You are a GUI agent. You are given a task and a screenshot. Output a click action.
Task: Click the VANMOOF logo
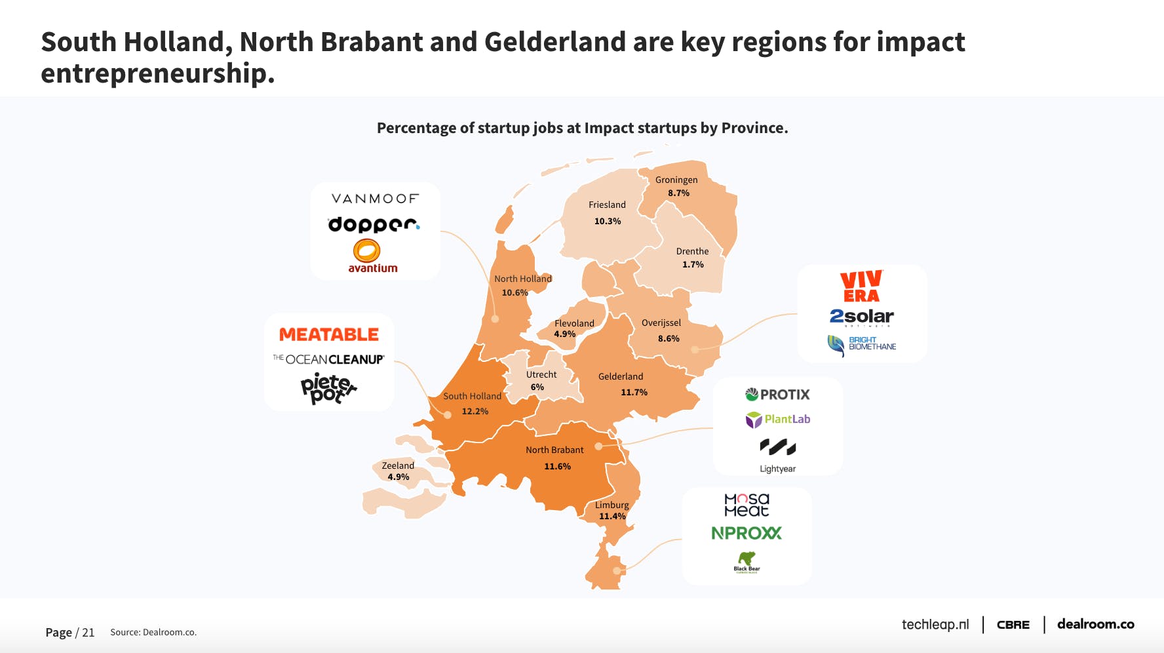[375, 199]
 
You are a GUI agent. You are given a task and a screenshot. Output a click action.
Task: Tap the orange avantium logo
[372, 256]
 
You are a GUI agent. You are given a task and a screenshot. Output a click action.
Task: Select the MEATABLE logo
[329, 334]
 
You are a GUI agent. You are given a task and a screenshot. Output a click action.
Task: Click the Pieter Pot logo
[328, 388]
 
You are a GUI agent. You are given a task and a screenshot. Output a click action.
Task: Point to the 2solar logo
[861, 317]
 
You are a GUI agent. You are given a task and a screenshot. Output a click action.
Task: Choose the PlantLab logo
[778, 420]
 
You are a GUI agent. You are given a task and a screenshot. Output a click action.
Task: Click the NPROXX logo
[747, 533]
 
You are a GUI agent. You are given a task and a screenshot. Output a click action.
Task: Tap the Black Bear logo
[747, 562]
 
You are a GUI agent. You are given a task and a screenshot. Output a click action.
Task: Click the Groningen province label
[676, 180]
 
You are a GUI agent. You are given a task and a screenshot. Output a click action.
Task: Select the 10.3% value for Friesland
[608, 222]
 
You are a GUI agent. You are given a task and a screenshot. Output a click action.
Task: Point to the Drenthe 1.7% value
[693, 265]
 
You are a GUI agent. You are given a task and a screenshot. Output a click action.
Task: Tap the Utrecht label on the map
[541, 374]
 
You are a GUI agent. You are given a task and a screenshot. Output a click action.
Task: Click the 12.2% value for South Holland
[475, 412]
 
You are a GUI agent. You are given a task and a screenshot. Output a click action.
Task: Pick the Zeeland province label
[398, 465]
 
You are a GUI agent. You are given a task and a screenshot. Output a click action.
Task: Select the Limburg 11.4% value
[612, 517]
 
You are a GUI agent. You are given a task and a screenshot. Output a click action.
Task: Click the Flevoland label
[574, 323]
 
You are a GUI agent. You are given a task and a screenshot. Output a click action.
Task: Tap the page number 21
[88, 633]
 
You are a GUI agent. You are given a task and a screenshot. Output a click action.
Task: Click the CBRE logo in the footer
[1013, 625]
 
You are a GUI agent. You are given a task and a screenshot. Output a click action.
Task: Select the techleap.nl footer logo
[935, 625]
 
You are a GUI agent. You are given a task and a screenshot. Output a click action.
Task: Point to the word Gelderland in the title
[555, 42]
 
